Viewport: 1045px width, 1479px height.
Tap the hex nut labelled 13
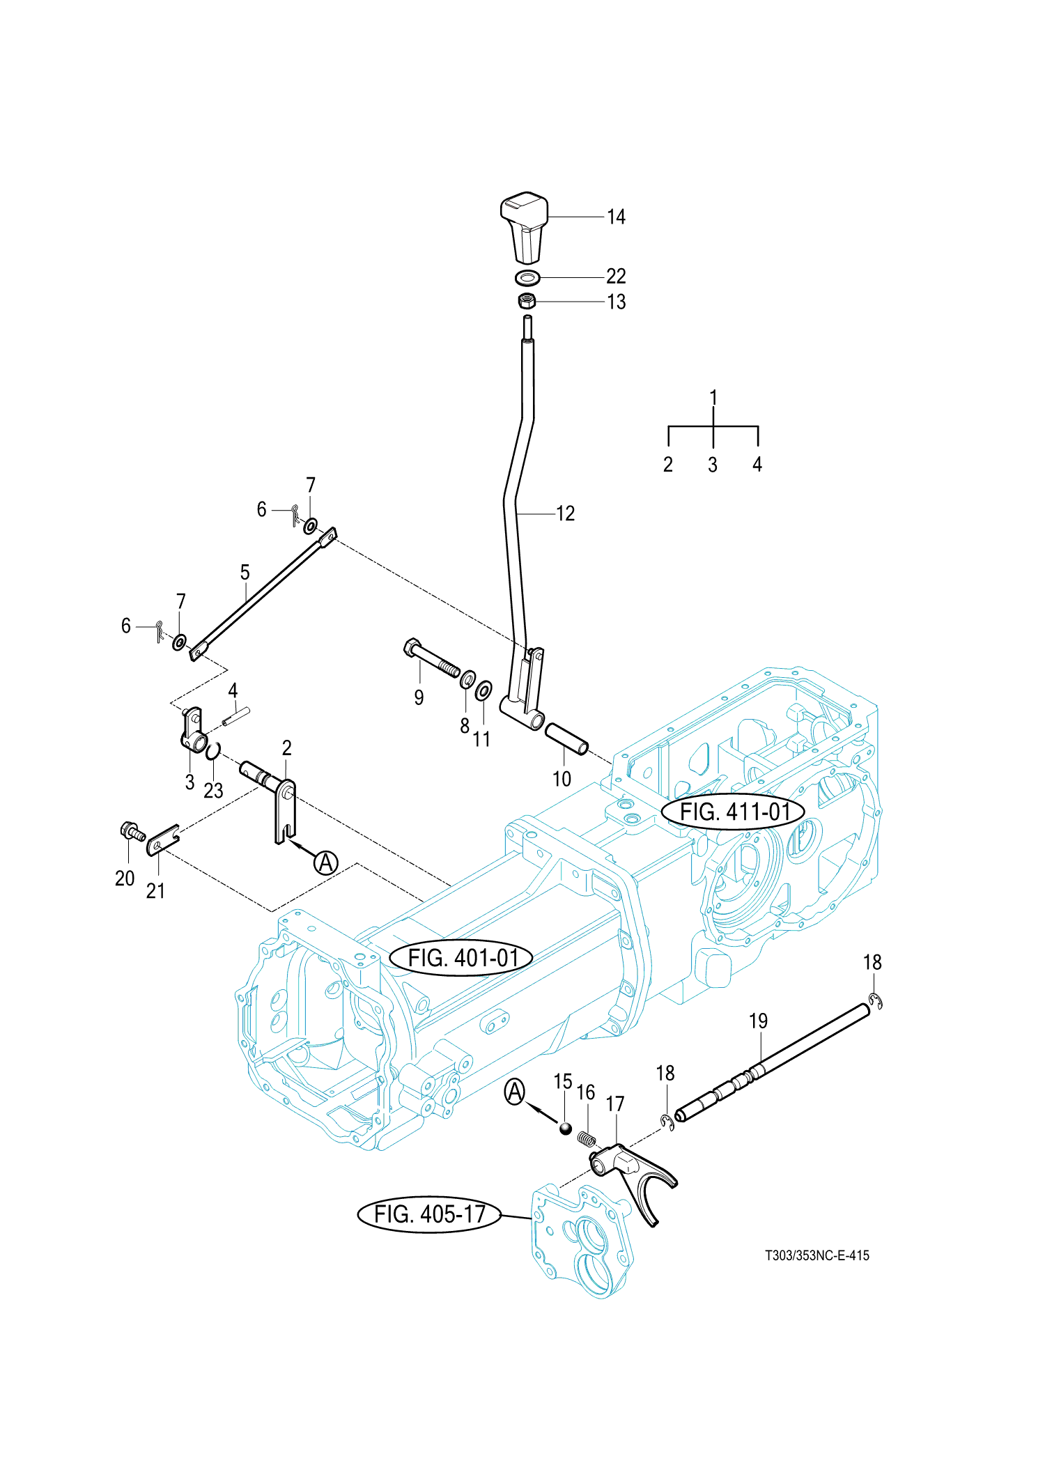coord(527,301)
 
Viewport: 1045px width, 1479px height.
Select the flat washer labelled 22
coord(527,278)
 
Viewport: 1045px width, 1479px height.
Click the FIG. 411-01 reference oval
coord(734,812)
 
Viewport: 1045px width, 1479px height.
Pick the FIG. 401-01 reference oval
coord(462,958)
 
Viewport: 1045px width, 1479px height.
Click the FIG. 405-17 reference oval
coord(429,1214)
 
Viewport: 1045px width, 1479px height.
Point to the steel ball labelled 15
coord(565,1129)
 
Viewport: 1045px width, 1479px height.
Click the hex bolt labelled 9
coord(432,659)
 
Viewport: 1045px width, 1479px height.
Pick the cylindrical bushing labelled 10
coord(566,738)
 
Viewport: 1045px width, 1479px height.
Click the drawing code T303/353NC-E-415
coord(817,1255)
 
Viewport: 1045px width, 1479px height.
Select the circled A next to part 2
coord(326,862)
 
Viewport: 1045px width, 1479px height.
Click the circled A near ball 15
coord(515,1092)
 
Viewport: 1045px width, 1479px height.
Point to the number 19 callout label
coord(758,1021)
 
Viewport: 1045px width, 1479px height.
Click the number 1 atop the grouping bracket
coord(713,397)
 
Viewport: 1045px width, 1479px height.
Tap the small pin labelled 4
coord(236,715)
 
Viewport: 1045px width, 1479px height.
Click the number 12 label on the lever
coord(566,513)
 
